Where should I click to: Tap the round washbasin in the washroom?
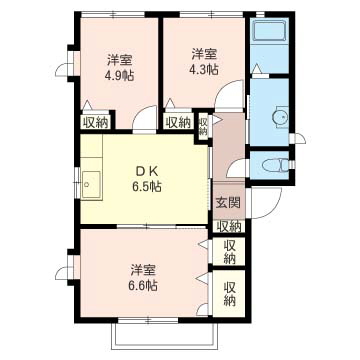pyautogui.click(x=280, y=117)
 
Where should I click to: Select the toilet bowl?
pyautogui.click(x=275, y=165)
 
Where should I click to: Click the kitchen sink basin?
pyautogui.click(x=91, y=185)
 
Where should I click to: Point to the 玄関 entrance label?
pyautogui.click(x=229, y=202)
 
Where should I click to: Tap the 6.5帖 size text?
pyautogui.click(x=147, y=187)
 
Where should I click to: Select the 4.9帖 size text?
pyautogui.click(x=119, y=76)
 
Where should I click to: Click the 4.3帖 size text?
pyautogui.click(x=204, y=69)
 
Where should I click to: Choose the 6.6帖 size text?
pyautogui.click(x=143, y=285)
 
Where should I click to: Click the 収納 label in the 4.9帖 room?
pyautogui.click(x=96, y=123)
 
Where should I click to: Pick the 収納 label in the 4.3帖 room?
pyautogui.click(x=179, y=123)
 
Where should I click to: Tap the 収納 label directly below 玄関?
pyautogui.click(x=229, y=227)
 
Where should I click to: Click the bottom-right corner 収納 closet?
pyautogui.click(x=229, y=293)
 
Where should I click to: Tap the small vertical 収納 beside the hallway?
pyautogui.click(x=203, y=126)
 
